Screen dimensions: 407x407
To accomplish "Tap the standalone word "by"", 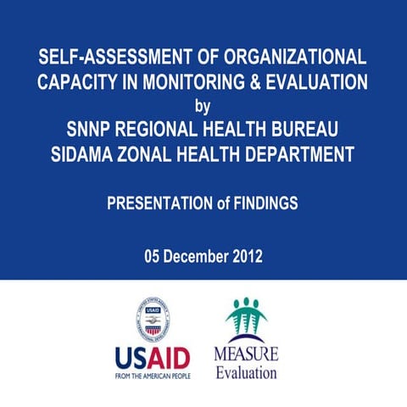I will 203,107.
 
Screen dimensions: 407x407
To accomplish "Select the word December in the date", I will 198,256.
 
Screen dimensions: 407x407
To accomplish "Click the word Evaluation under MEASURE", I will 246,371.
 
